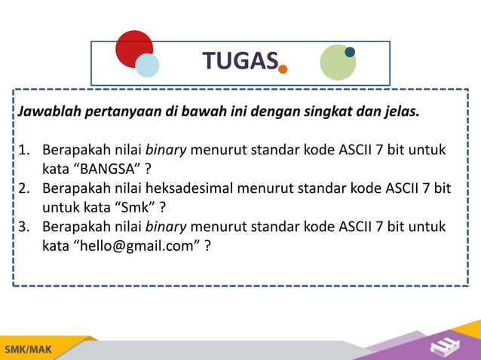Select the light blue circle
pyautogui.click(x=147, y=65)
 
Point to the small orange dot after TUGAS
pyautogui.click(x=283, y=69)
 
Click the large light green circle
pyautogui.click(x=338, y=63)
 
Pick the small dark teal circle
pyautogui.click(x=350, y=52)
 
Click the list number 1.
pyautogui.click(x=24, y=148)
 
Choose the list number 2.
pyautogui.click(x=24, y=188)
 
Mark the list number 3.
pyautogui.click(x=24, y=227)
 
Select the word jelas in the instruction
pyautogui.click(x=399, y=112)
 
